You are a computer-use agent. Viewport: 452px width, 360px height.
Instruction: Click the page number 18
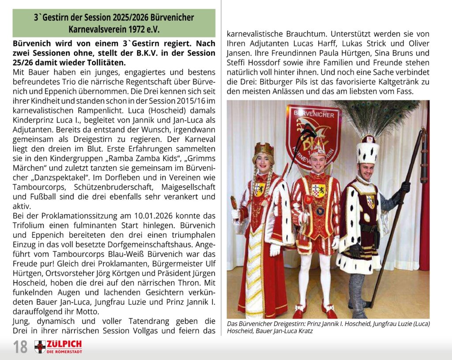[20, 347]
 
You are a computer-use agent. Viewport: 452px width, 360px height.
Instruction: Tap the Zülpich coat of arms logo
[40, 347]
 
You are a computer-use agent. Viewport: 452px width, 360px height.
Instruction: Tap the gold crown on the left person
[264, 150]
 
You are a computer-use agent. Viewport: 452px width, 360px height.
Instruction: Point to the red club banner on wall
[313, 132]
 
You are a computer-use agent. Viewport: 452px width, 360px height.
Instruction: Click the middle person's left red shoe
[300, 309]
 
